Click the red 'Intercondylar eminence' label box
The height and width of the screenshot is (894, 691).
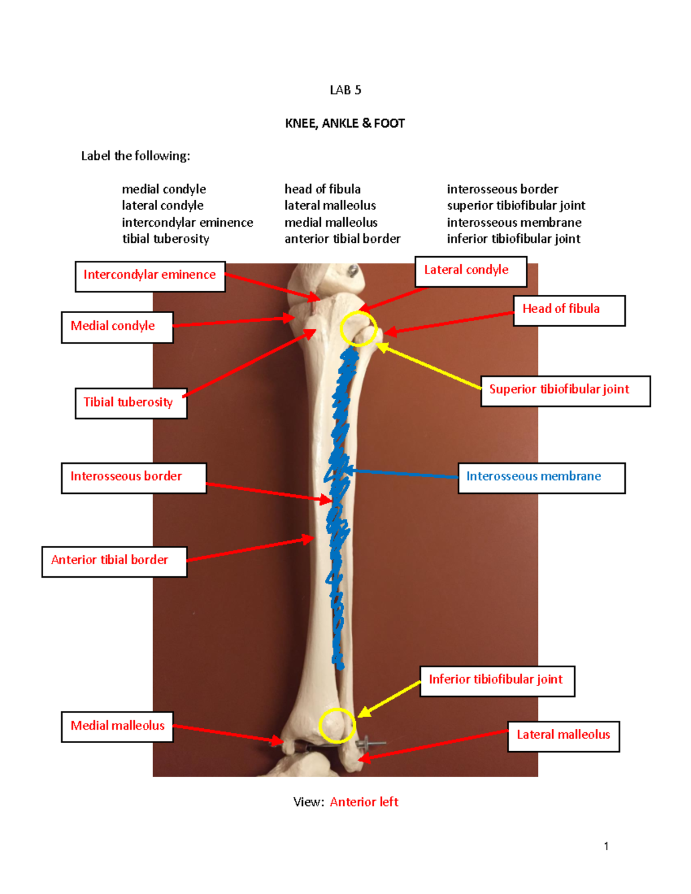point(150,276)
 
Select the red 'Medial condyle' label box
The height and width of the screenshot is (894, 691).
point(117,327)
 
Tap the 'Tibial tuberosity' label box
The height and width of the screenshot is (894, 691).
point(131,403)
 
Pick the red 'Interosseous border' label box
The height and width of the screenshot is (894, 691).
point(134,478)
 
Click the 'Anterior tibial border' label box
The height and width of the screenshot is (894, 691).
point(114,561)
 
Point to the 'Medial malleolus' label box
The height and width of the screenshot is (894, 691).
point(117,726)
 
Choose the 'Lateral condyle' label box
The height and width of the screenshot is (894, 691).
point(470,272)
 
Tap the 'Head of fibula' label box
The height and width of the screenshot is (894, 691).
point(569,310)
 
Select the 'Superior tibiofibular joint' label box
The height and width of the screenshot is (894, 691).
point(565,391)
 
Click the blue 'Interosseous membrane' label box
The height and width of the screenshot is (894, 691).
point(541,478)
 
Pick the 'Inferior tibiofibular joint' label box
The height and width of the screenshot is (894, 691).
point(497,681)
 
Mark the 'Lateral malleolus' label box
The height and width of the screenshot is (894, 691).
point(563,736)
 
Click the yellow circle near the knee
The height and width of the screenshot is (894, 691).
point(358,328)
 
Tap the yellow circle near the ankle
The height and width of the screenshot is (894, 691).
point(337,725)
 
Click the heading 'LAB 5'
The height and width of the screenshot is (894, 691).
point(345,90)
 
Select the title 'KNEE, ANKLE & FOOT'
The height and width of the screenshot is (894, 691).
point(345,124)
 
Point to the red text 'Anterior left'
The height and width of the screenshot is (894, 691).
point(364,802)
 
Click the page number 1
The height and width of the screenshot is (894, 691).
point(606,846)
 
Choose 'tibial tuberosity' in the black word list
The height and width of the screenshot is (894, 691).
point(166,239)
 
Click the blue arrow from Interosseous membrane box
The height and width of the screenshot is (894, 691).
point(403,474)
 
